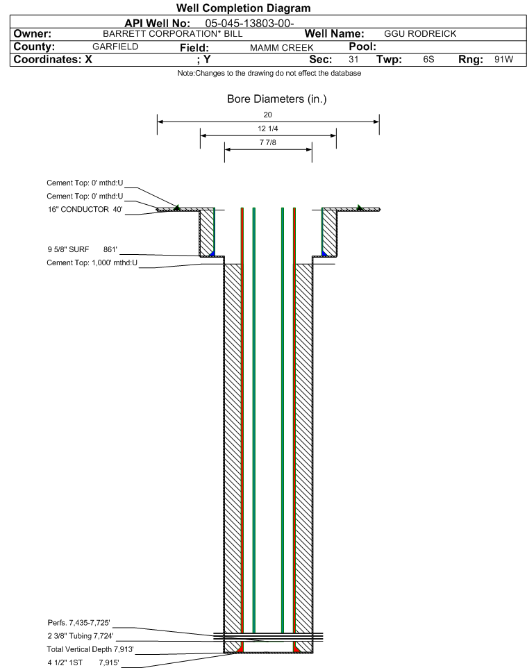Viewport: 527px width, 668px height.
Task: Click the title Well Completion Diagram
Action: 243,8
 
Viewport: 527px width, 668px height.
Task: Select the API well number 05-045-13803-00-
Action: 250,24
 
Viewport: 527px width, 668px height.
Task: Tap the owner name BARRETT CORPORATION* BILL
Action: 173,34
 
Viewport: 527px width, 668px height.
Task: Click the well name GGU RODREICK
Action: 420,34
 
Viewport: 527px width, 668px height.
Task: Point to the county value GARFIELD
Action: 115,47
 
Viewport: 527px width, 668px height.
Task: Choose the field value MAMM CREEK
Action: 282,48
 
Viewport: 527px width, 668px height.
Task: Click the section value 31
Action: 353,59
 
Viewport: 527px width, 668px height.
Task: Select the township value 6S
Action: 428,59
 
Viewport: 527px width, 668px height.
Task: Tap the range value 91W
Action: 503,59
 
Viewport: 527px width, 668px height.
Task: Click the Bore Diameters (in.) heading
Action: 277,99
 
